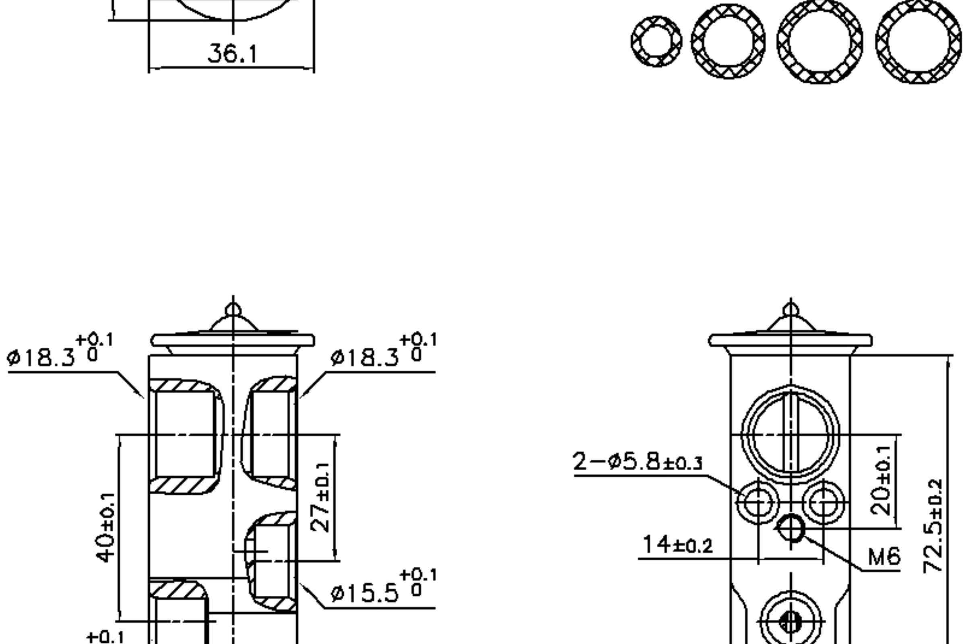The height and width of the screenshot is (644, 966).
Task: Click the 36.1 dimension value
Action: (233, 54)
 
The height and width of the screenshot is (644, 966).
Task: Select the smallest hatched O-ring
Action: (656, 41)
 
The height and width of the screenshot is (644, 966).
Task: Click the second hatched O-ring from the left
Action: (728, 41)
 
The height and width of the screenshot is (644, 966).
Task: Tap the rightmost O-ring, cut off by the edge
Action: (919, 41)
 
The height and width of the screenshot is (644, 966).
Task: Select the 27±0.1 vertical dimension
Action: (320, 497)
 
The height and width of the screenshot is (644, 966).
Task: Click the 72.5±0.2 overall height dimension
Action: (933, 526)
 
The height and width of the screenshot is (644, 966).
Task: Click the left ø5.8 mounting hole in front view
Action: (757, 503)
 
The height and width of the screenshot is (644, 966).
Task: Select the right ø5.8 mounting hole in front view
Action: (824, 503)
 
